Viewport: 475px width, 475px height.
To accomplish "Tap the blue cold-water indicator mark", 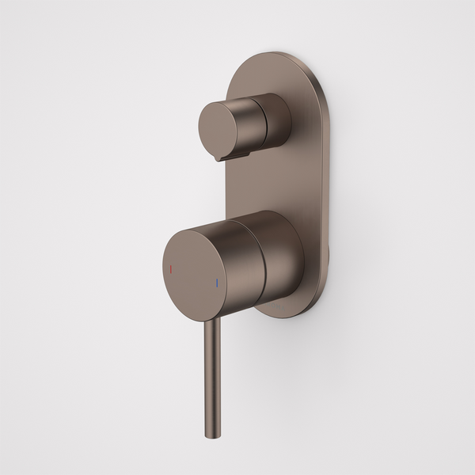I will point(215,282).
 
